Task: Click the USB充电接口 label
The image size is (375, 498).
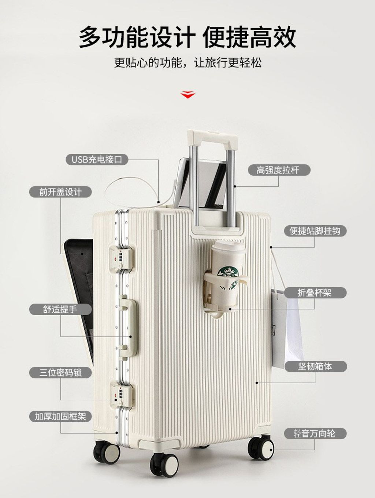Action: coord(97,160)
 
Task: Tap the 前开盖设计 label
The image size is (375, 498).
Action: coord(60,192)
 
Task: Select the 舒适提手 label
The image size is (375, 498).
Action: coord(60,309)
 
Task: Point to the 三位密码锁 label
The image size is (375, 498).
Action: coord(60,372)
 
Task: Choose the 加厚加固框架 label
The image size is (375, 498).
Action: coord(60,416)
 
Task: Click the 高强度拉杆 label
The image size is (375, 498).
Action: coord(279,170)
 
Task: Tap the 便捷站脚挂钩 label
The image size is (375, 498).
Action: coord(315,231)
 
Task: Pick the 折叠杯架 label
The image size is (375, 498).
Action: coord(315,293)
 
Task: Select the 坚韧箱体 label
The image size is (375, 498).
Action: coord(315,366)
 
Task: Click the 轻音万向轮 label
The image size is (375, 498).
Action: coord(315,433)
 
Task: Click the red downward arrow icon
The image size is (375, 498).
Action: coord(187,95)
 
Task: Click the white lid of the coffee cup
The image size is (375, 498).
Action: coord(228,248)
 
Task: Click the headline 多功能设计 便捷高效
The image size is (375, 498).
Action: coord(187,37)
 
